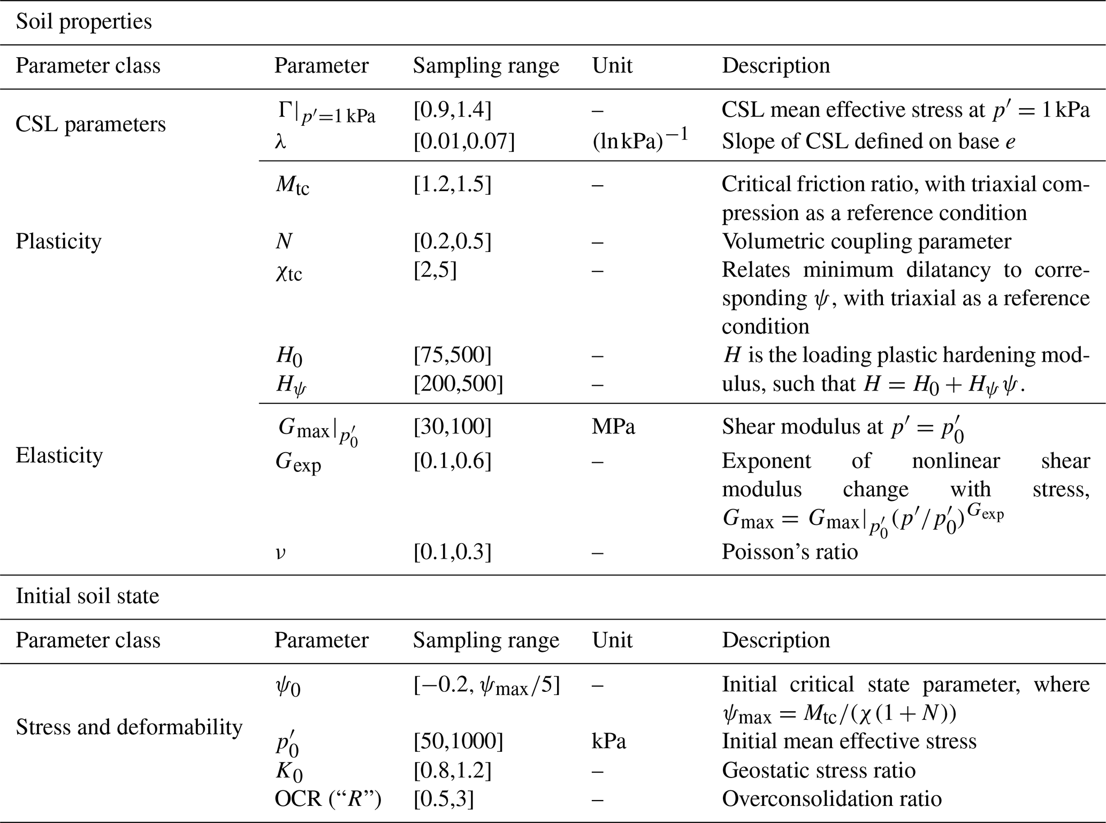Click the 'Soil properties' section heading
tap(84, 22)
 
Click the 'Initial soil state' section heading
tap(87, 596)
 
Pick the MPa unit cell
tap(613, 426)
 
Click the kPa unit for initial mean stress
tap(609, 741)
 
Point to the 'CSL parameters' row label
tap(90, 124)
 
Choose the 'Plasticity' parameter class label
tap(58, 241)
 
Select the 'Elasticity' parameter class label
tap(59, 455)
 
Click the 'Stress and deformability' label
tap(129, 727)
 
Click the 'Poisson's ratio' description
tap(789, 552)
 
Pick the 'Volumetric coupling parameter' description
tap(866, 241)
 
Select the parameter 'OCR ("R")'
tap(327, 799)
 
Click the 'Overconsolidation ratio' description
tap(832, 799)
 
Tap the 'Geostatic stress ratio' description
tap(819, 771)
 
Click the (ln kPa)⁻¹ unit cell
tap(640, 141)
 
